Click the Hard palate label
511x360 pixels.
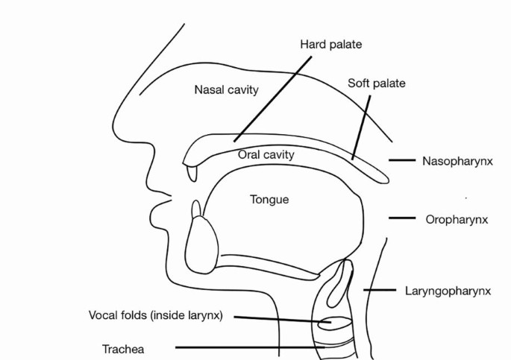(x=330, y=45)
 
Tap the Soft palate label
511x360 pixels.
(x=377, y=83)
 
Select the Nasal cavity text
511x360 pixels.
(x=226, y=90)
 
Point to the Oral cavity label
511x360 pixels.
(x=266, y=155)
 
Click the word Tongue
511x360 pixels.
(x=269, y=200)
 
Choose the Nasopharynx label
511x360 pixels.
(x=457, y=160)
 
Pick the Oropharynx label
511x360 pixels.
(x=457, y=219)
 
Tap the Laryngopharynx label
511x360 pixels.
(x=448, y=291)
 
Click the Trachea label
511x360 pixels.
(x=123, y=349)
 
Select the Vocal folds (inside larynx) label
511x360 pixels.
(x=155, y=315)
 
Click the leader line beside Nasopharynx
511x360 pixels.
(x=401, y=160)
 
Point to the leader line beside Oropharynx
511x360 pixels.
(x=401, y=218)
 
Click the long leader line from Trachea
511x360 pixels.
(x=246, y=347)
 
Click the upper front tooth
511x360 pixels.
(x=193, y=171)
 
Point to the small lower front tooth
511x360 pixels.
(x=196, y=209)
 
